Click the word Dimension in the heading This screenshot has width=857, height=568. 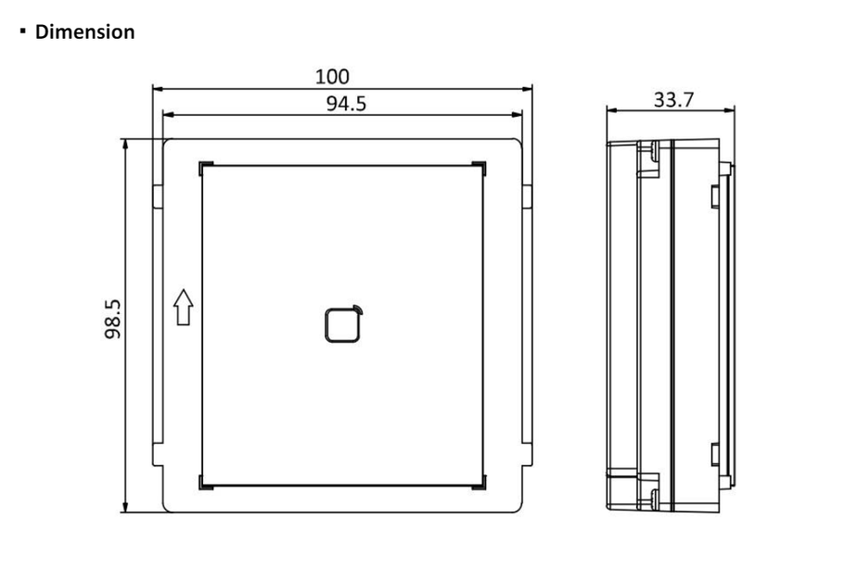pos(84,32)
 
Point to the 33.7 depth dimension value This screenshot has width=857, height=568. pos(672,99)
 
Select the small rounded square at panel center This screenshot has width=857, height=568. pos(341,324)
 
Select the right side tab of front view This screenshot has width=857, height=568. pos(526,195)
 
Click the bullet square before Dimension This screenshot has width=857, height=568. pos(20,31)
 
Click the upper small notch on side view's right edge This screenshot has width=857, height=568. pos(714,196)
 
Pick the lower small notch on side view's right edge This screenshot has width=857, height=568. pos(714,454)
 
